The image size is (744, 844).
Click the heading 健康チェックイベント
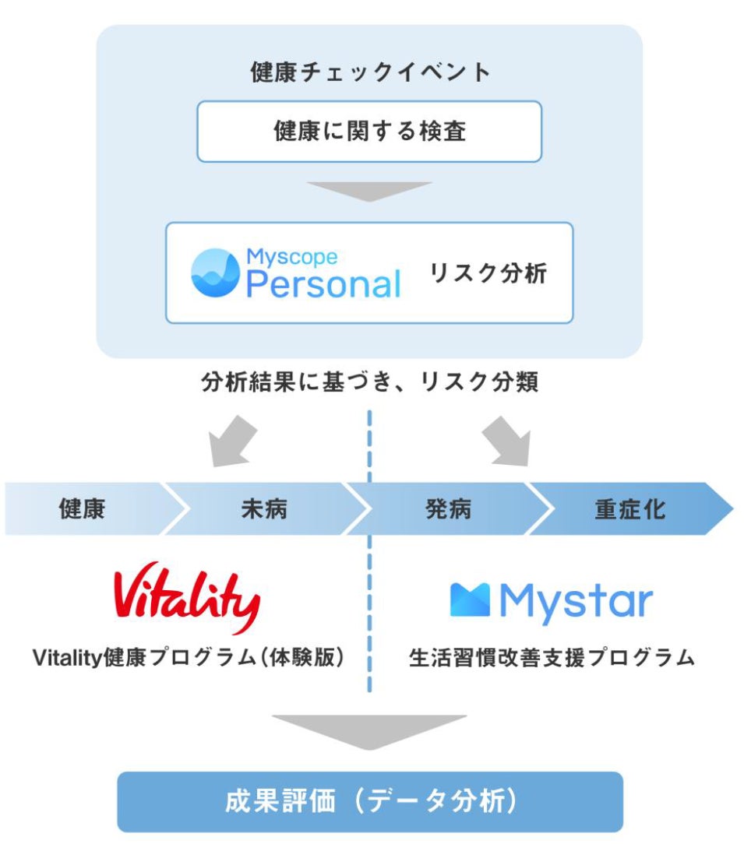coord(370,72)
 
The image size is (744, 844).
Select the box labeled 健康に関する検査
coord(369,131)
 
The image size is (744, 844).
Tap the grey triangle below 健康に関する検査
coord(369,191)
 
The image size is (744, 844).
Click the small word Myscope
coord(291,256)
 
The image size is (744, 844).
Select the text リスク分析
coord(488,273)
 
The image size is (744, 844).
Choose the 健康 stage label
coord(83,509)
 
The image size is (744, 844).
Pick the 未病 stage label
coord(264,509)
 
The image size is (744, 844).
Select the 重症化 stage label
coord(629,509)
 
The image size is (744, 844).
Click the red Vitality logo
coord(187,596)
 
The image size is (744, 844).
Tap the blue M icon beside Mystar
coord(470,600)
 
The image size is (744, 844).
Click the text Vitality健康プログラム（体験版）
coord(189,658)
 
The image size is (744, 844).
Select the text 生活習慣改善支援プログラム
coord(552,658)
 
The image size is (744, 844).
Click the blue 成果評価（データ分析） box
coord(370,802)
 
